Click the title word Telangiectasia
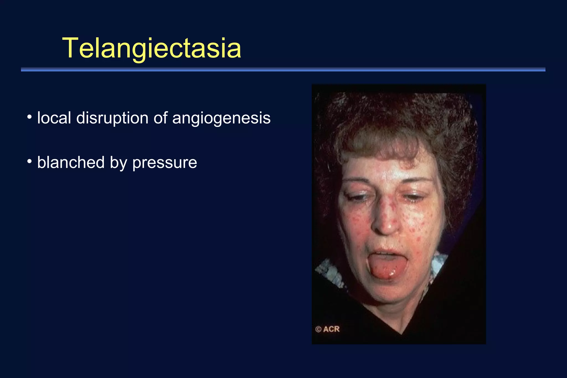[x=152, y=48]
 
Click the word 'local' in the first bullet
[x=54, y=118]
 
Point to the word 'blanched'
[x=71, y=162]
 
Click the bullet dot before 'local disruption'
[x=29, y=117]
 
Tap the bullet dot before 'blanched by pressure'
[x=29, y=161]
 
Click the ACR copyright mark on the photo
[x=327, y=329]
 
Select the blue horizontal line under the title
[x=283, y=69]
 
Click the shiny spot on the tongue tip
[x=391, y=274]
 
